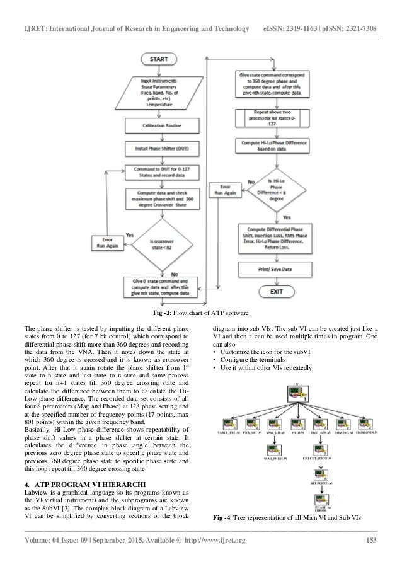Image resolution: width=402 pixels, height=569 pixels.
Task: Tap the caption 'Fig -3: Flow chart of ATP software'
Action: click(202, 313)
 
